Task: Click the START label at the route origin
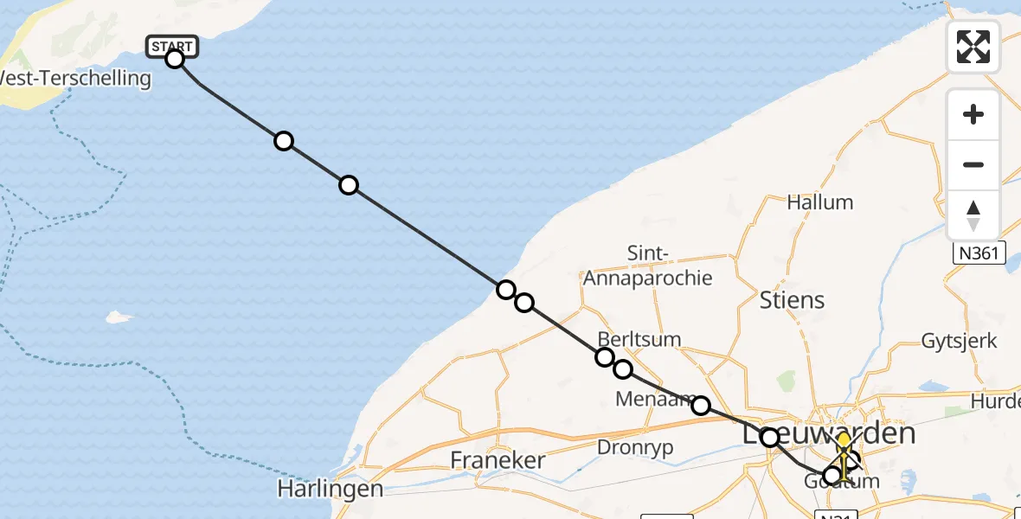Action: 173,46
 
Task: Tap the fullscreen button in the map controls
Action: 973,47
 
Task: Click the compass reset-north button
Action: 973,215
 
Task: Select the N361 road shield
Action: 979,253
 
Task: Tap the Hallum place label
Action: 819,202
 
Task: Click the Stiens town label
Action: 792,300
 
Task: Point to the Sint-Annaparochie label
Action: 647,266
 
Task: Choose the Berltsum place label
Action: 639,339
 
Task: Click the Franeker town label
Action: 498,459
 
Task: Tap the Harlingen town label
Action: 330,489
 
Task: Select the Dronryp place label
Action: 635,447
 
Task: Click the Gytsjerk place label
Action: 960,341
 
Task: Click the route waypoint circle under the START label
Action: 175,59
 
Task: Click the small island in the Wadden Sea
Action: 115,317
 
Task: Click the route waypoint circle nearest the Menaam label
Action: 701,406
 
